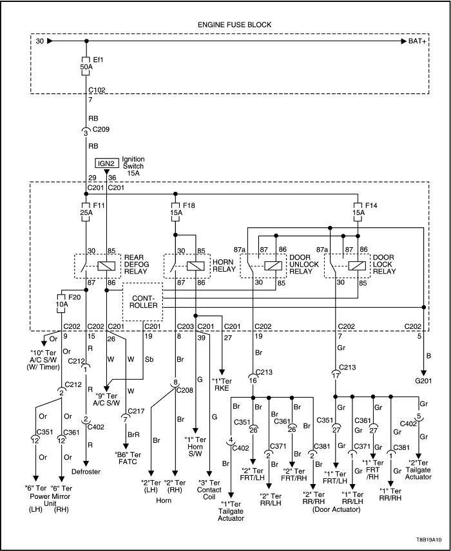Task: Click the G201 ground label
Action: tap(424, 380)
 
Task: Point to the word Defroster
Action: tap(86, 472)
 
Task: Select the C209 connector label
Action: tap(101, 129)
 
